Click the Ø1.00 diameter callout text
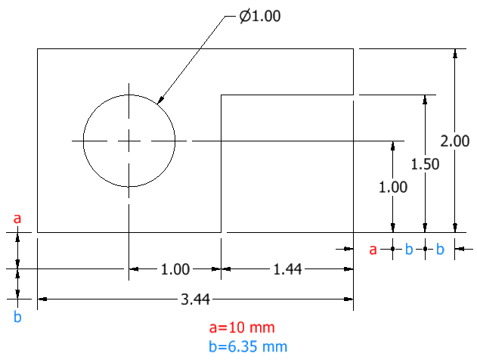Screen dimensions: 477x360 pyautogui.click(x=260, y=16)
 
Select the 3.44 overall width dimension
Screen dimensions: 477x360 pyautogui.click(x=195, y=299)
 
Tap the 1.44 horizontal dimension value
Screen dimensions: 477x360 pyautogui.click(x=287, y=269)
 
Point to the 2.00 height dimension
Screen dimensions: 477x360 pyautogui.click(x=455, y=141)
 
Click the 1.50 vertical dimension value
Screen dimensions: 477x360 pyautogui.click(x=426, y=164)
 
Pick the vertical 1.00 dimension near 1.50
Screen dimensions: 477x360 pyautogui.click(x=393, y=187)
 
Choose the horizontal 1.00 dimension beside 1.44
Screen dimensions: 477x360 pyautogui.click(x=175, y=269)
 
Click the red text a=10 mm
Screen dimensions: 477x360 pyautogui.click(x=242, y=327)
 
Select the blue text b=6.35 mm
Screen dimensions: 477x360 pyautogui.click(x=248, y=346)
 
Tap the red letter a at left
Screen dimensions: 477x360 pyautogui.click(x=17, y=219)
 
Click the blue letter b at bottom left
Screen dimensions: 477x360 pyautogui.click(x=17, y=317)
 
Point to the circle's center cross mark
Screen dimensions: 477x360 pyautogui.click(x=129, y=141)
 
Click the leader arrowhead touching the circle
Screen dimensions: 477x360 pyautogui.click(x=160, y=100)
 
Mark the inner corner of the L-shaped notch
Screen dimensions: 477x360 pyautogui.click(x=221, y=95)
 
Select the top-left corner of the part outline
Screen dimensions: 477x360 pyautogui.click(x=37, y=48)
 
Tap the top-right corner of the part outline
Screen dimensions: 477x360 pyautogui.click(x=353, y=48)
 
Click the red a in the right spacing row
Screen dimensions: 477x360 pyautogui.click(x=373, y=250)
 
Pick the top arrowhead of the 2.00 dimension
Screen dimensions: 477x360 pyautogui.click(x=455, y=53)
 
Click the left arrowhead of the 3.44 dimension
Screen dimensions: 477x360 pyautogui.click(x=42, y=299)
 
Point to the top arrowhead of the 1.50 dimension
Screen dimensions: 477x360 pyautogui.click(x=425, y=100)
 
